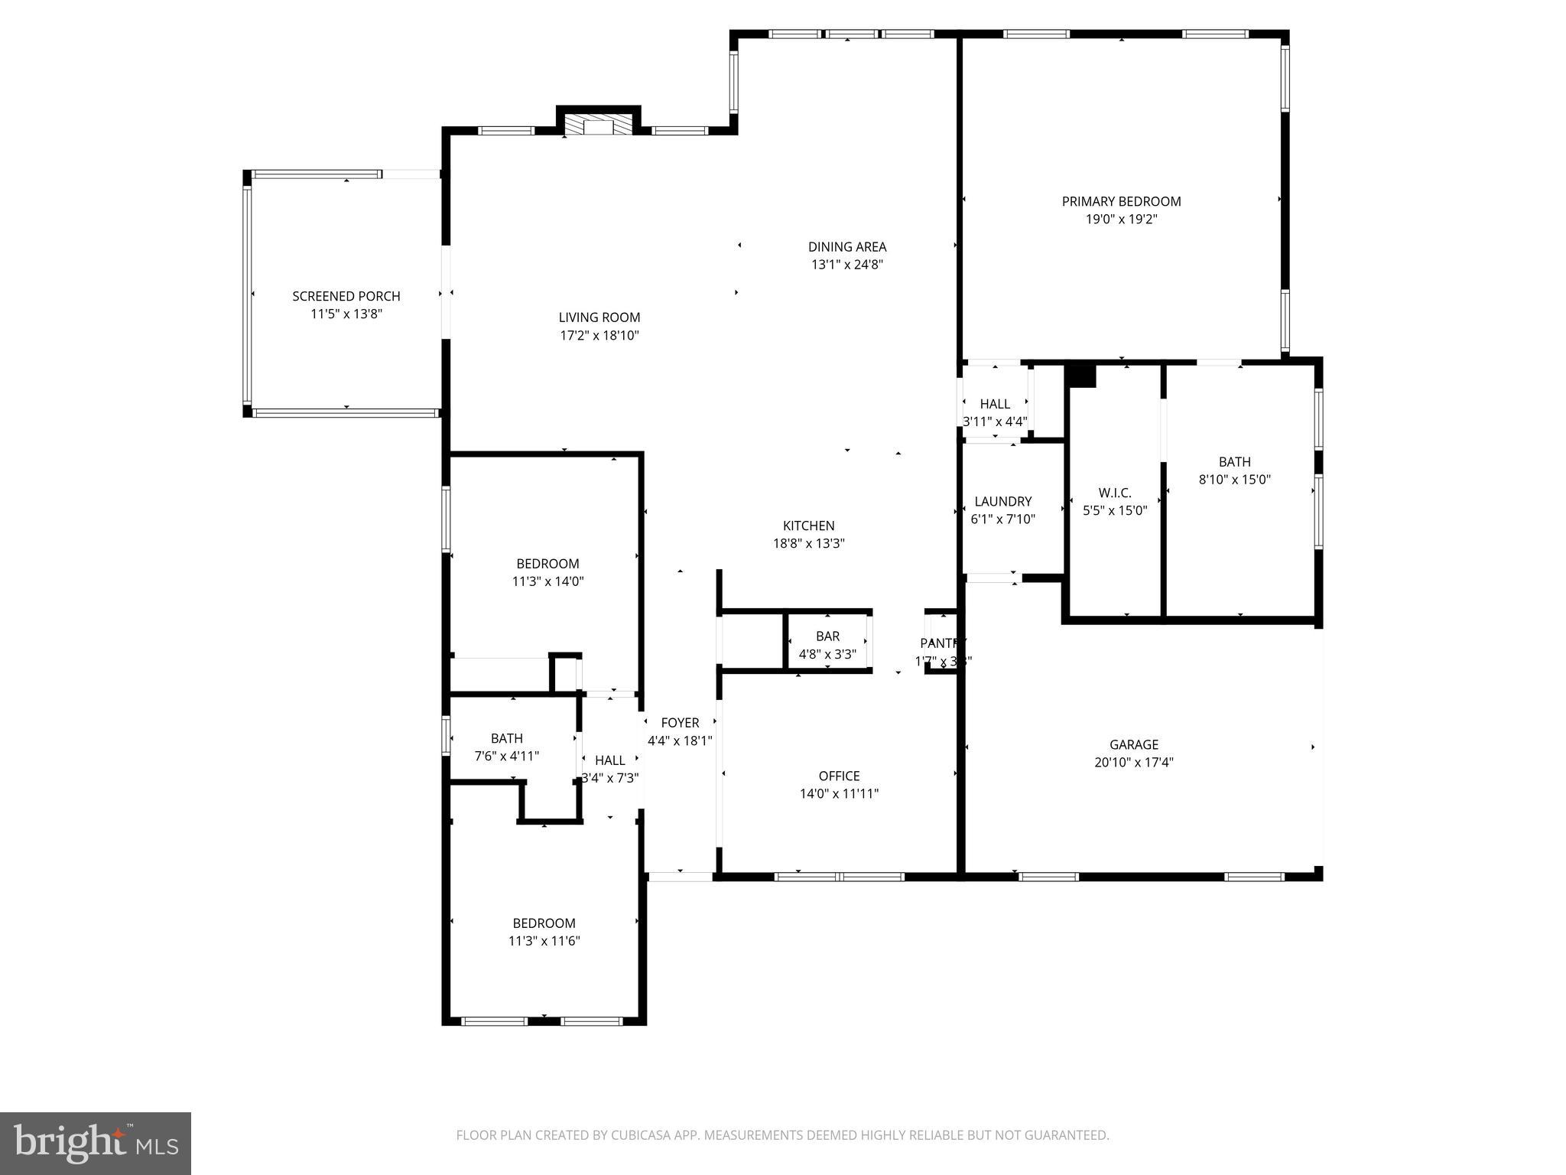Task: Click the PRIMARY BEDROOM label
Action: [x=1121, y=201]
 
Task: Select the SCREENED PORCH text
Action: [x=346, y=296]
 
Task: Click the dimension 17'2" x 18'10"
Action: [x=599, y=335]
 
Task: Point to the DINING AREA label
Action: [x=847, y=246]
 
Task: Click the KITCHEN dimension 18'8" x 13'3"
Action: [x=808, y=544]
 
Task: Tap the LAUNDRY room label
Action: [x=1002, y=501]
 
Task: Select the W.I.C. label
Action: [x=1114, y=493]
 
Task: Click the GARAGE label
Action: [x=1133, y=744]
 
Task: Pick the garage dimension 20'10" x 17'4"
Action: [x=1133, y=762]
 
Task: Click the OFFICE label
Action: [x=839, y=776]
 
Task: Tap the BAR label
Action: [x=827, y=636]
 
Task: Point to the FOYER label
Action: [x=680, y=723]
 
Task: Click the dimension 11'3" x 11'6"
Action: [x=544, y=941]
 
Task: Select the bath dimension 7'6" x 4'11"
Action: [x=506, y=756]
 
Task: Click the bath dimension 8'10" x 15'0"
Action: [x=1234, y=480]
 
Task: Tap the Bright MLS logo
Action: [x=96, y=1143]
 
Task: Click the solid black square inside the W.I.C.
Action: [x=1080, y=376]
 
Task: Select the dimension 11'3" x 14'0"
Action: [x=547, y=581]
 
